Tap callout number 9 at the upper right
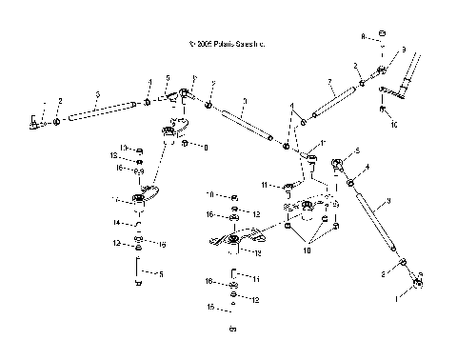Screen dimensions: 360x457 point(404,49)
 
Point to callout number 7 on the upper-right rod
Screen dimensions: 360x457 point(329,81)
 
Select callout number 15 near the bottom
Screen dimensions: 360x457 point(210,309)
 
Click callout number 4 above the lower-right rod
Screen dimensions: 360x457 point(367,168)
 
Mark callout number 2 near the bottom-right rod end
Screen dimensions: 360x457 point(383,274)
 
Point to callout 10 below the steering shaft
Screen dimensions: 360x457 point(393,125)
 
